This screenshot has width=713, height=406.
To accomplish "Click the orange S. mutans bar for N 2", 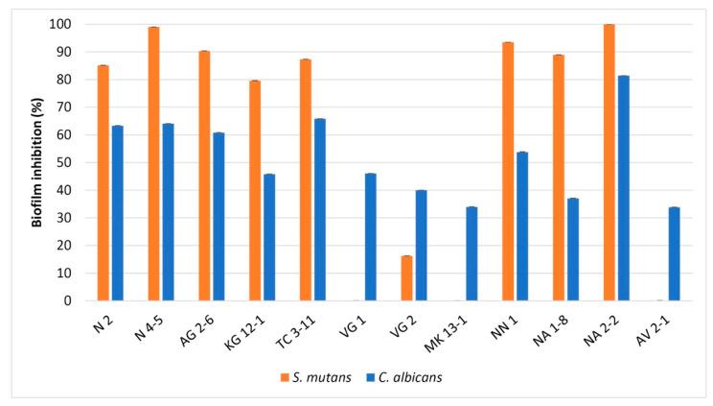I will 103,182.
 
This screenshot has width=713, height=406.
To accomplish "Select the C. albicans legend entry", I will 406,377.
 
